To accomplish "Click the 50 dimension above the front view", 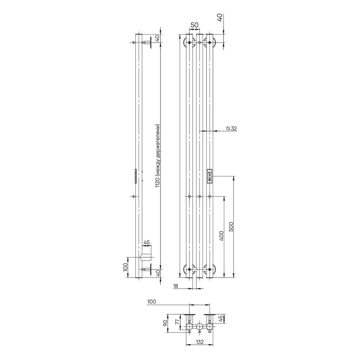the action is [194, 25].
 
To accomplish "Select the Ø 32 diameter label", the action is [231, 129].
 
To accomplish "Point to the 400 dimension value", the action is [221, 236].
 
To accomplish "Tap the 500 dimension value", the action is [231, 226].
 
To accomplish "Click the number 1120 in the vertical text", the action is [158, 183].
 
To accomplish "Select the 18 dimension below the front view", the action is [176, 286].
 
